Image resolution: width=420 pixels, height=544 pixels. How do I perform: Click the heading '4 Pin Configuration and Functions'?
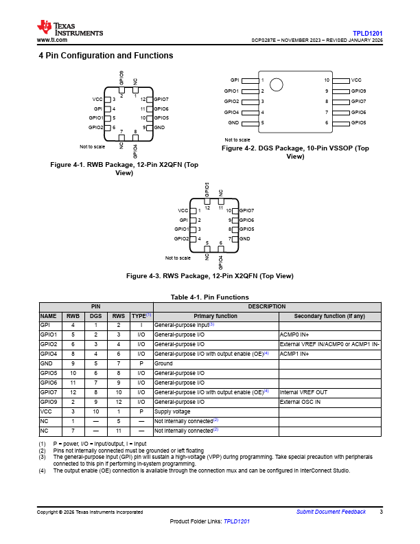tap(106, 56)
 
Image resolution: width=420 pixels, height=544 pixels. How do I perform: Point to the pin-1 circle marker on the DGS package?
tap(277, 85)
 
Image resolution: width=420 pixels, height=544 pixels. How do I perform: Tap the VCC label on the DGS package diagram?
tap(356, 80)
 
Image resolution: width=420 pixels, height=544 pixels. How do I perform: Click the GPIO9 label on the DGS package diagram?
tap(359, 91)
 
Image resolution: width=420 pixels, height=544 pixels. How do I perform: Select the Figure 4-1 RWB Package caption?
tap(125, 169)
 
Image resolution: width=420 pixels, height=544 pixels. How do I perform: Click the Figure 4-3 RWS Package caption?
tap(210, 276)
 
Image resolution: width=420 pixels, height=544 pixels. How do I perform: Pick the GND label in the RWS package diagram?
tap(244, 238)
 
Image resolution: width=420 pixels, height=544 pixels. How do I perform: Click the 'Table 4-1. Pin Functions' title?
tap(210, 297)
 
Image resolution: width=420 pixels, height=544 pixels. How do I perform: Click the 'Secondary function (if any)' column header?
tap(329, 316)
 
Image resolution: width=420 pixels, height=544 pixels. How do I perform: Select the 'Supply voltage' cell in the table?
tap(173, 411)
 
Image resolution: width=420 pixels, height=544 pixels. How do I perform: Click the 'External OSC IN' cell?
tap(299, 401)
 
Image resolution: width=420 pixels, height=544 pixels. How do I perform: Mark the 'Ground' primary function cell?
tap(163, 363)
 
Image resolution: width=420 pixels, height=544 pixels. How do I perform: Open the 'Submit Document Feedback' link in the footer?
tap(331, 512)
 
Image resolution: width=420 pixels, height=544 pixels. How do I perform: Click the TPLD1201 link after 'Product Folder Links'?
tap(237, 522)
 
